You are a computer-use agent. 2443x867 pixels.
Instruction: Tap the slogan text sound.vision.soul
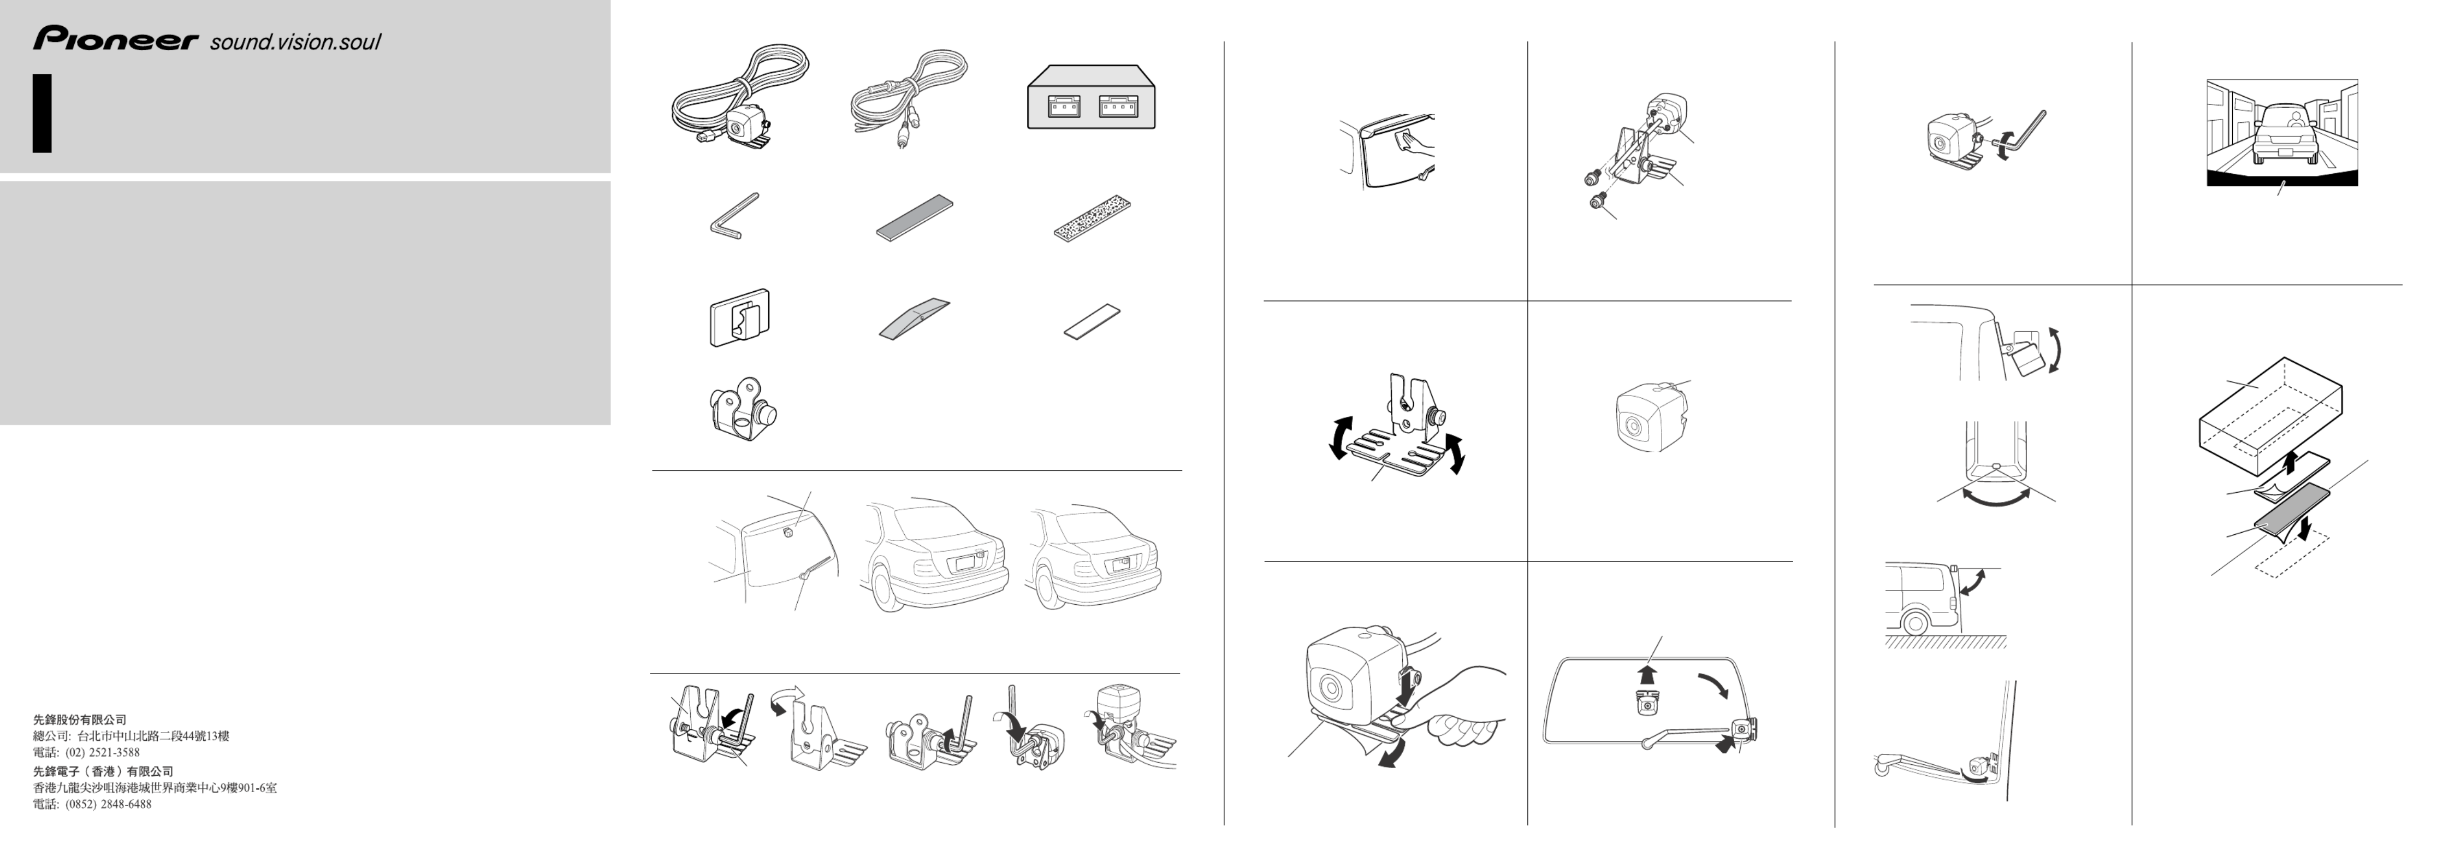coord(295,42)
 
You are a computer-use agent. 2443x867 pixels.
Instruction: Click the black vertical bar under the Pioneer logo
coord(41,113)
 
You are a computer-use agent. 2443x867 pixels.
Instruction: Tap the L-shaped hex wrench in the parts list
coord(733,216)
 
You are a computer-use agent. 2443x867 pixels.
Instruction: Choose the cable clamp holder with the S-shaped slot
coord(740,317)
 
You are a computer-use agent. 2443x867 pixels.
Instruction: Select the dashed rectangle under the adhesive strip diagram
coord(2293,554)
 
